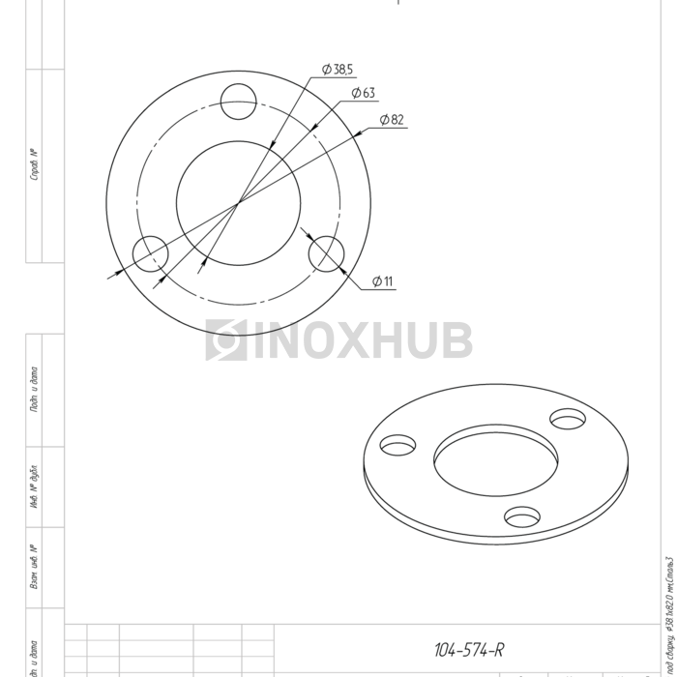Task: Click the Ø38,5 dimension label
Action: pyautogui.click(x=338, y=70)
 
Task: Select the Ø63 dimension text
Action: pyautogui.click(x=364, y=93)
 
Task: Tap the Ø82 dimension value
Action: pyautogui.click(x=392, y=120)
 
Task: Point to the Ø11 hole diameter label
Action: pyautogui.click(x=383, y=282)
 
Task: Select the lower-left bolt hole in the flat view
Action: pyautogui.click(x=150, y=254)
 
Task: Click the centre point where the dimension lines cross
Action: pyautogui.click(x=238, y=203)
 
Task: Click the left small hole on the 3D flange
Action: pyautogui.click(x=397, y=445)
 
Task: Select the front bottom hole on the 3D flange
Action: pyautogui.click(x=522, y=516)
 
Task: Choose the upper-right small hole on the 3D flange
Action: pyautogui.click(x=568, y=418)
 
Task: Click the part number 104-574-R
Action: pyautogui.click(x=469, y=650)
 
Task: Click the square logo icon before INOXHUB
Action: pyautogui.click(x=226, y=340)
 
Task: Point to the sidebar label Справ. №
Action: pyautogui.click(x=35, y=165)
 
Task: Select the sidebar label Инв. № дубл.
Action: pyautogui.click(x=35, y=489)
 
